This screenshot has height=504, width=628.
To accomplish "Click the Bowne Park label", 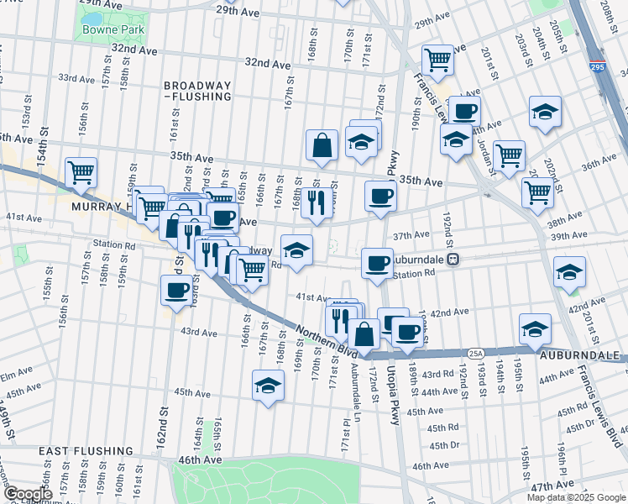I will pos(113,29).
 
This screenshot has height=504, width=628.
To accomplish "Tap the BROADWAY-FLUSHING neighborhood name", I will pos(197,92).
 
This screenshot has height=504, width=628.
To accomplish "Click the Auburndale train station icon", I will pos(452,259).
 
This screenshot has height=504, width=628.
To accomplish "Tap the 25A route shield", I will pos(475,354).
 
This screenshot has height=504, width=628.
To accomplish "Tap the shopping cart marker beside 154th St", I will pos(81,172).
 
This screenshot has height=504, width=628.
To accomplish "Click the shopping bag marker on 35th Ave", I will pos(322,145).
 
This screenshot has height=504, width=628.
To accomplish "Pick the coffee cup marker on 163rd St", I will pos(176,290).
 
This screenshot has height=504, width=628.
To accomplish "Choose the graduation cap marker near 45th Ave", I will pos(268,386).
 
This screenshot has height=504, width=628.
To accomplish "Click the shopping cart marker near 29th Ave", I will pos(437,60).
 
